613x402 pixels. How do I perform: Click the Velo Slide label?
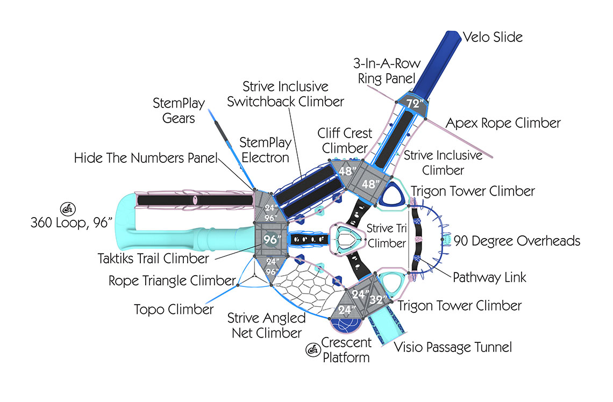point(493,37)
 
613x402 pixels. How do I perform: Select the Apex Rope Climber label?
point(503,123)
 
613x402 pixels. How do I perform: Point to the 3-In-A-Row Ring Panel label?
point(387,71)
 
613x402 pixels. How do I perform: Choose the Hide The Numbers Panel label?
point(146,158)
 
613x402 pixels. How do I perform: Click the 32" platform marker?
point(379,300)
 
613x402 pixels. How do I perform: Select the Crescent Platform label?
point(346,349)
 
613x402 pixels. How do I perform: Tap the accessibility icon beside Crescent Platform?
point(312,350)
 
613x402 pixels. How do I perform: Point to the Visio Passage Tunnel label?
point(453,347)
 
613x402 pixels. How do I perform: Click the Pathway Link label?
point(489,277)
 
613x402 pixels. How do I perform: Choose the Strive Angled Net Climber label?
point(265,325)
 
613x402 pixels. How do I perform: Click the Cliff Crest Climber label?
point(345,140)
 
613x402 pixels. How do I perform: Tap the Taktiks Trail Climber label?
point(153,259)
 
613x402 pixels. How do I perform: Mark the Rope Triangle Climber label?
point(172,281)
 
